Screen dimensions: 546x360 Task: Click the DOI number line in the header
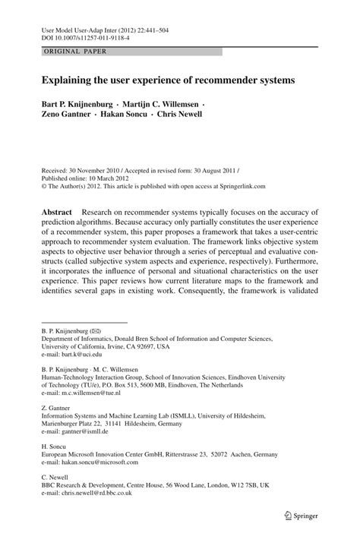tap(77, 36)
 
